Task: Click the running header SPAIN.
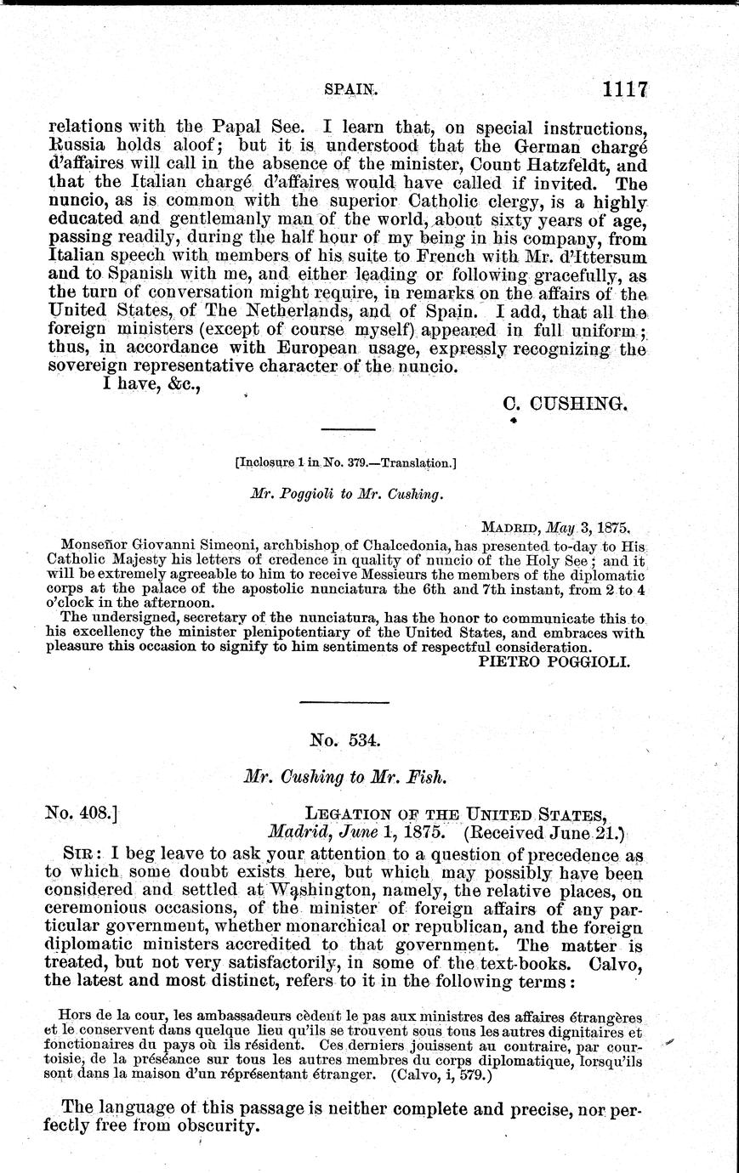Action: (x=351, y=88)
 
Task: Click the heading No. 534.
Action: (x=344, y=739)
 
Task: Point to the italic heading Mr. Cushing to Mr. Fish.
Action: (x=344, y=776)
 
